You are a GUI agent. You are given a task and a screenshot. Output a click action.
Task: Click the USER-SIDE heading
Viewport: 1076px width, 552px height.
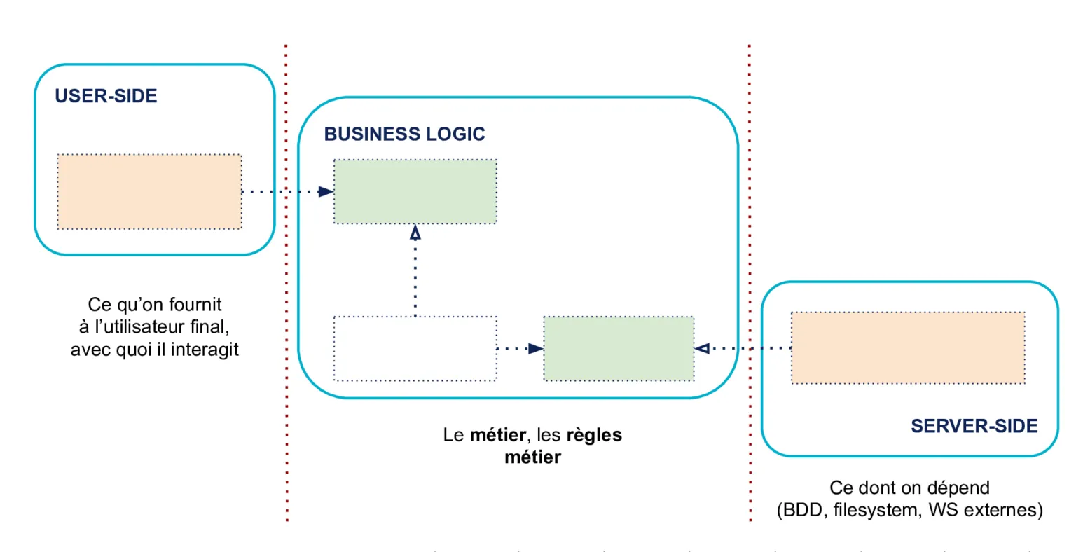[106, 96]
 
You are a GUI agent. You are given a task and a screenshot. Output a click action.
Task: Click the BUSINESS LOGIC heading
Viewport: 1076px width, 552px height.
[404, 134]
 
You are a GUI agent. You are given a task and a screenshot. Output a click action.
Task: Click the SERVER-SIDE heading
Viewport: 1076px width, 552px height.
[974, 426]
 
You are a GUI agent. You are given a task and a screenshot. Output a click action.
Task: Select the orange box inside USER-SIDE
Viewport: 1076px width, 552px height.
[149, 192]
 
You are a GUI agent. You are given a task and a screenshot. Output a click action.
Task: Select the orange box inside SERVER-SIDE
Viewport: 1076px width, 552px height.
[908, 348]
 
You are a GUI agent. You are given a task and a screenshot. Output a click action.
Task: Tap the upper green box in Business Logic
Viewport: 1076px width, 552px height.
[415, 192]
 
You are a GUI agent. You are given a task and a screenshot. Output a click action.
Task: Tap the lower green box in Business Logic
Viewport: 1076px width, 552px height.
[619, 349]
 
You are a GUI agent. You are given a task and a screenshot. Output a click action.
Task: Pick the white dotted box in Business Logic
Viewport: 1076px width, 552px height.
[415, 349]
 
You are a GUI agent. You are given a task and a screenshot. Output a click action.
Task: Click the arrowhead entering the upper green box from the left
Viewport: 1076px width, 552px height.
[326, 191]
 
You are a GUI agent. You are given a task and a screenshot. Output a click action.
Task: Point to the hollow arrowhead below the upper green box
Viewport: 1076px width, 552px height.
[415, 233]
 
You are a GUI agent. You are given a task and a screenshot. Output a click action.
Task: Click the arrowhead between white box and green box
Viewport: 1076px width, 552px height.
[536, 348]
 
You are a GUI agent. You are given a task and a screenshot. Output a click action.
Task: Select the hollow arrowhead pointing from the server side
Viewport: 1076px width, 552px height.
[702, 348]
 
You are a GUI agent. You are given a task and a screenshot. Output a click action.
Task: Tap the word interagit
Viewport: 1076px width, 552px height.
[205, 349]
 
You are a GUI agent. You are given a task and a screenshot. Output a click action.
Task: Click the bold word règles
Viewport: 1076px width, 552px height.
[594, 435]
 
